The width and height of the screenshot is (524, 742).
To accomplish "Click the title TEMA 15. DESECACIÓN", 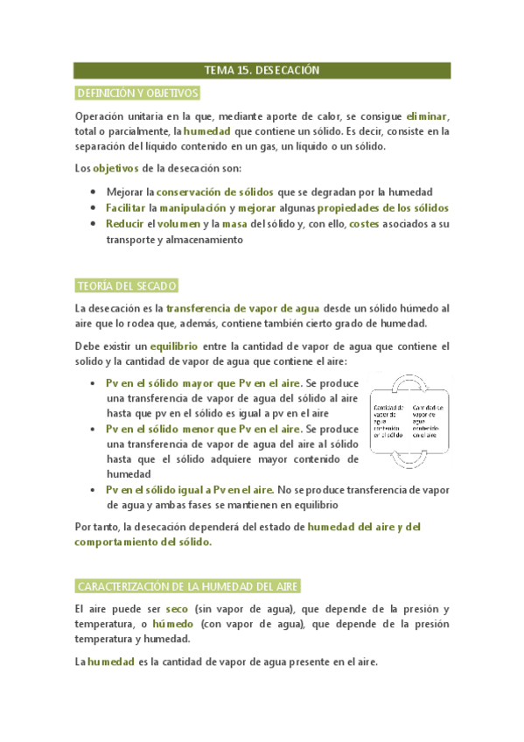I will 262,70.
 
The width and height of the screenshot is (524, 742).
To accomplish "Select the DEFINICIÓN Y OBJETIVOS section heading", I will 138,93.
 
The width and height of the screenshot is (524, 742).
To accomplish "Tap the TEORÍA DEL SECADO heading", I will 128,286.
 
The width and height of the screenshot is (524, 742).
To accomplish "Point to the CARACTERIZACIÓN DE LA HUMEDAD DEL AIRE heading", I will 190,585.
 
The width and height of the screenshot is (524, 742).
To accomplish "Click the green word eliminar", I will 425,116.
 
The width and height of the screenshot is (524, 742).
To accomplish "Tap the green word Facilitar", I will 126,207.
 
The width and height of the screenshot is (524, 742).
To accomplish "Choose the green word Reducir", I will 123,224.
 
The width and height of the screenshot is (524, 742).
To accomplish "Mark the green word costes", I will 364,224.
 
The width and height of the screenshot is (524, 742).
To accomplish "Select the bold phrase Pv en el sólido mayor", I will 168,383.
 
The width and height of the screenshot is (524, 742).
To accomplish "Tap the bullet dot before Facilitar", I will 94,208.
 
